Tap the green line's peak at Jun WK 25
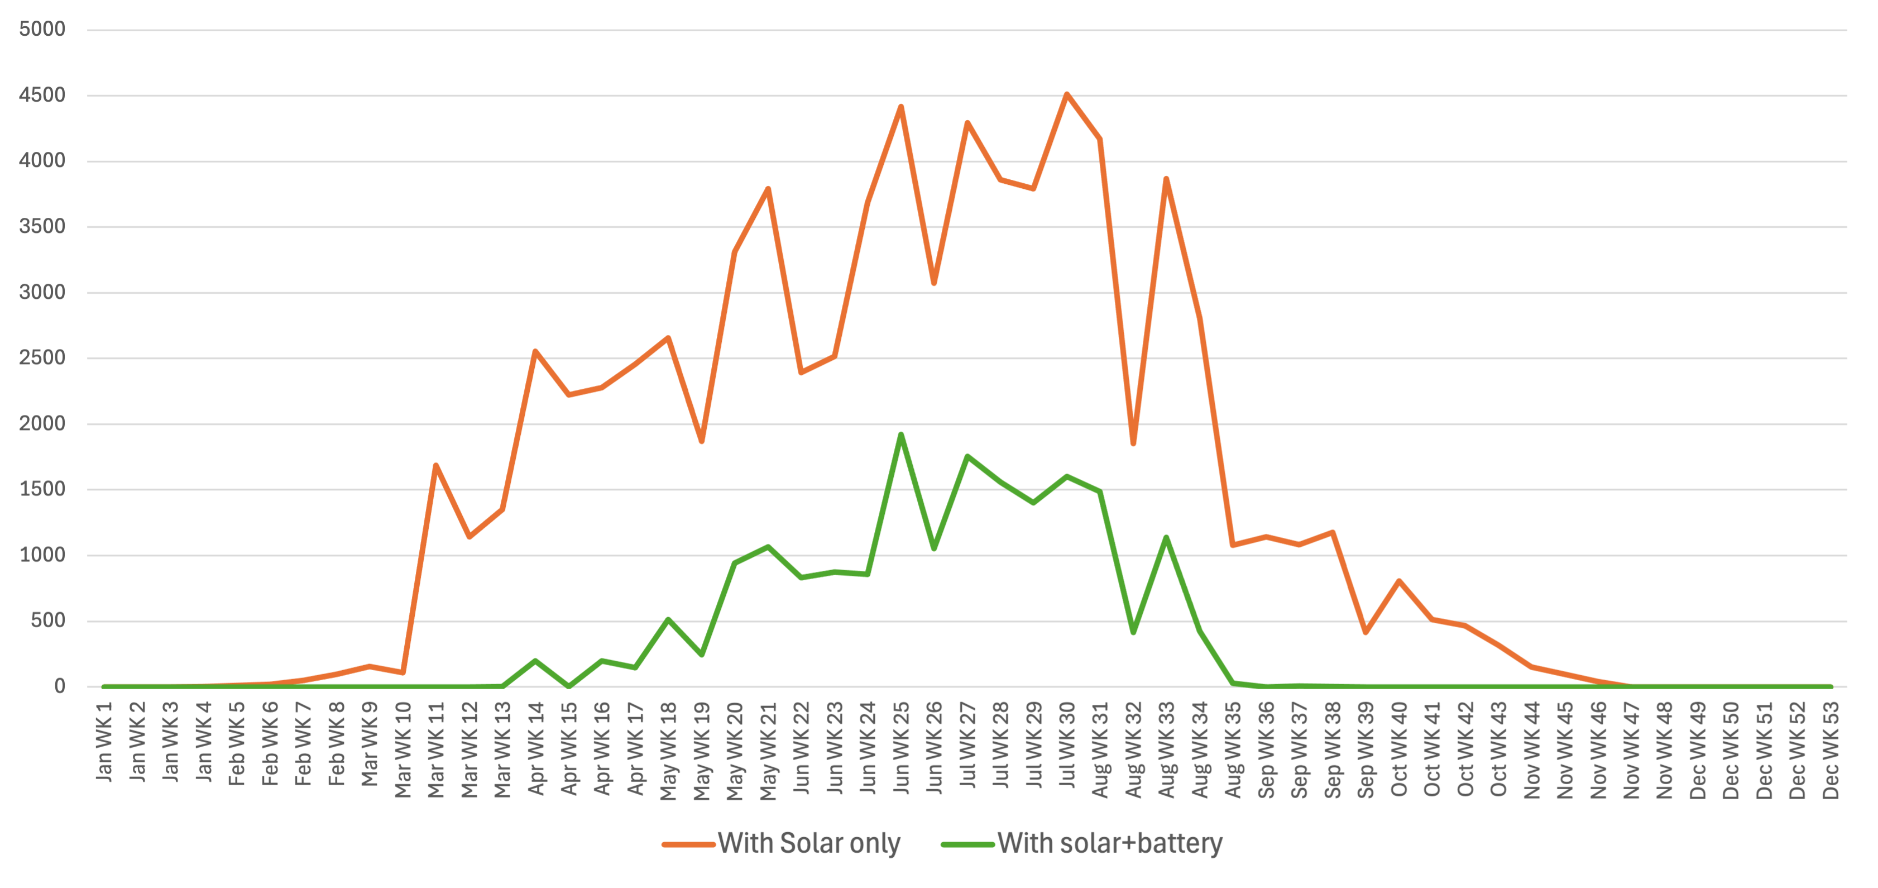tap(901, 435)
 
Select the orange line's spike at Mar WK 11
tap(436, 465)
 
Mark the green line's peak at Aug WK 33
tap(1166, 537)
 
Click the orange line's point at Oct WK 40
tap(1399, 580)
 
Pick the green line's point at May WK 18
tap(668, 620)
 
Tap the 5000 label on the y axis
tap(42, 29)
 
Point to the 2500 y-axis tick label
tap(42, 358)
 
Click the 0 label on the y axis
tap(60, 686)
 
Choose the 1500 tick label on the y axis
tap(42, 489)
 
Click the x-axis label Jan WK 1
tap(104, 742)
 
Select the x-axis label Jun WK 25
tap(901, 747)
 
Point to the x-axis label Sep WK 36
tap(1266, 749)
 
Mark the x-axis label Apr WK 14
tap(536, 748)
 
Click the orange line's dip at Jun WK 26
tap(934, 283)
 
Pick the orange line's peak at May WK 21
tap(768, 189)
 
